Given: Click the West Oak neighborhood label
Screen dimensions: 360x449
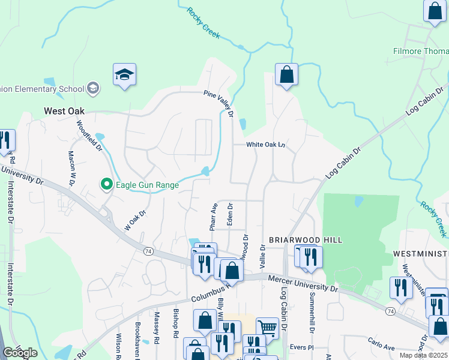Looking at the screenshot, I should tap(64, 111).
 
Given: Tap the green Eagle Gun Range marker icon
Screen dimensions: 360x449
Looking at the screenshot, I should tap(106, 184).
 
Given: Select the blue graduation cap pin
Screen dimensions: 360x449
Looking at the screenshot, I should tap(125, 75).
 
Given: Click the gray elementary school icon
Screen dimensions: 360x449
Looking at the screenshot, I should tap(92, 89).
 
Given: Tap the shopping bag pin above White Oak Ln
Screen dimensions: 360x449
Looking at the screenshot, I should tap(287, 75).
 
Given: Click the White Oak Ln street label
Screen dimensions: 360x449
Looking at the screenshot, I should tap(265, 145).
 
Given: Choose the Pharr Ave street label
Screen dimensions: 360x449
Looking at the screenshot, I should tap(213, 217).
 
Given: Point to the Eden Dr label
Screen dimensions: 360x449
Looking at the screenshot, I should tap(229, 214).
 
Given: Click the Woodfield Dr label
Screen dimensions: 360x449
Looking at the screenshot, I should tap(85, 136).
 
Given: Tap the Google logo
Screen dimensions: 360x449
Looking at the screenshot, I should tap(20, 353).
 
